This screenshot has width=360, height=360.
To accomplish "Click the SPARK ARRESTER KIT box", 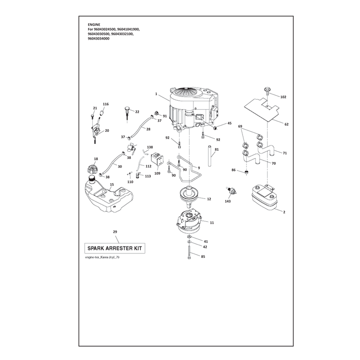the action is pos(115,248).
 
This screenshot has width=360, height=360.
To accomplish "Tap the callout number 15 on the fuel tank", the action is pos(112,184).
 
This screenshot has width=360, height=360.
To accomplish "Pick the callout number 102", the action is pos(283,97).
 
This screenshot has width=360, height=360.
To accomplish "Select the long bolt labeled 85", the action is pos(189,252).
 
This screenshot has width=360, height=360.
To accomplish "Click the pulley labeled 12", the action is pos(189,194).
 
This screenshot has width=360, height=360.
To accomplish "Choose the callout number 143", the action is pos(228,201).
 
